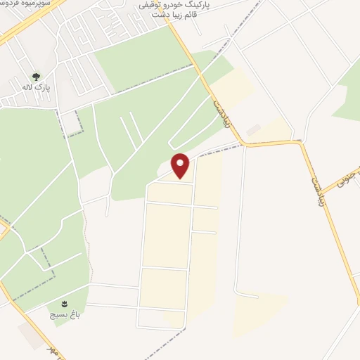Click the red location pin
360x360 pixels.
[x=181, y=166]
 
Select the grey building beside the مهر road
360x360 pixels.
[x=32, y=337]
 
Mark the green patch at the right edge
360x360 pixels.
[x=348, y=102]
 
